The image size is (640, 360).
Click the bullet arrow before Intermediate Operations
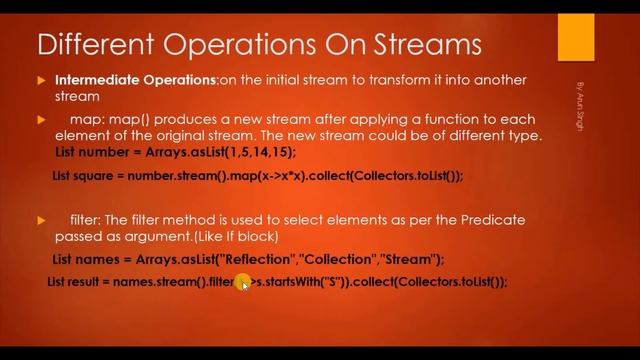click(41, 80)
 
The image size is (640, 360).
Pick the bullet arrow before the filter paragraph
click(41, 219)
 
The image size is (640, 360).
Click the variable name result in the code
click(88, 282)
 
